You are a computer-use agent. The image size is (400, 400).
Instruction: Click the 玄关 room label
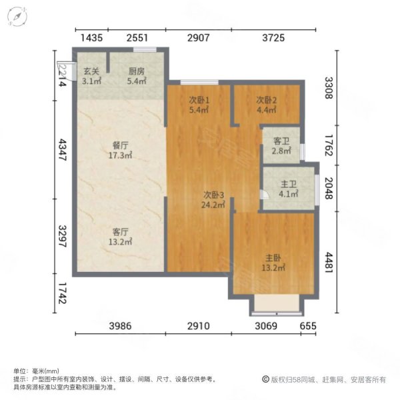[91, 72]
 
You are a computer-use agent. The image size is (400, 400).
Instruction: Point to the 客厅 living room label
[120, 232]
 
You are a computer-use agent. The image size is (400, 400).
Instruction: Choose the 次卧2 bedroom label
[266, 101]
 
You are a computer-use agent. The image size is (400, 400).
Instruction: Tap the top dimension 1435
[91, 38]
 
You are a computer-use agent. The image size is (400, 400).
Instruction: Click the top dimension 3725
[273, 38]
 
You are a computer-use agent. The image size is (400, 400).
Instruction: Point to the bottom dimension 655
[308, 325]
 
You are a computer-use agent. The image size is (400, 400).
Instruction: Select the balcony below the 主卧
[277, 304]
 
